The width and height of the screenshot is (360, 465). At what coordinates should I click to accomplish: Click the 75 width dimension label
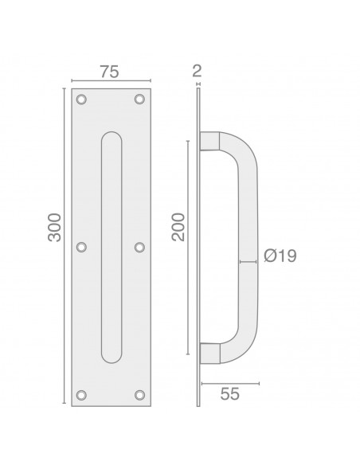point(109,72)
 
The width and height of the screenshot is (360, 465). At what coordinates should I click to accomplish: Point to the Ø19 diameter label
point(280,256)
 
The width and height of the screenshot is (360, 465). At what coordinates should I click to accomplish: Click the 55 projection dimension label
point(230,394)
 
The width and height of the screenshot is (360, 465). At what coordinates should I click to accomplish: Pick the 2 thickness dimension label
point(198,71)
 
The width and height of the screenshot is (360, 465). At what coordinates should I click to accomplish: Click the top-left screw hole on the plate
point(81,99)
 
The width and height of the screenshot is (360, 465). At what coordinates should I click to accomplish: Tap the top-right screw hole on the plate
point(139,99)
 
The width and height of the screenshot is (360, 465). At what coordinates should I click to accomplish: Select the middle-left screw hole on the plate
point(81,247)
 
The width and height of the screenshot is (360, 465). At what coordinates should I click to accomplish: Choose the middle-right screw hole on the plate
point(139,247)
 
